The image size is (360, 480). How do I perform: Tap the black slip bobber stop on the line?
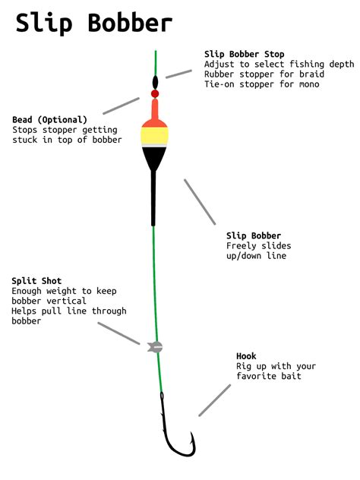(x=155, y=81)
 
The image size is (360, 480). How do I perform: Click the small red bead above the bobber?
(x=155, y=94)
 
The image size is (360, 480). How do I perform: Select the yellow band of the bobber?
(x=154, y=135)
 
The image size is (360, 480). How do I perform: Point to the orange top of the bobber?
(x=154, y=115)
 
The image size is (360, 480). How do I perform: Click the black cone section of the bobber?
(x=154, y=156)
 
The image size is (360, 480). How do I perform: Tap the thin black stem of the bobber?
(x=153, y=197)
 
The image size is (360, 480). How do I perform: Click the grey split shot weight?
(x=156, y=346)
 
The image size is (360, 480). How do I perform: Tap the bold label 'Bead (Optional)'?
(x=50, y=120)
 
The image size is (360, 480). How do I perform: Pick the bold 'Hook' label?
(x=246, y=356)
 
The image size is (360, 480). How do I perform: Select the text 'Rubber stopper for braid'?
(x=264, y=74)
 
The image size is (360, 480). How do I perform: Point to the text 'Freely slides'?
(x=259, y=246)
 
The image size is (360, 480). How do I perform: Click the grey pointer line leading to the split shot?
(x=120, y=335)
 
